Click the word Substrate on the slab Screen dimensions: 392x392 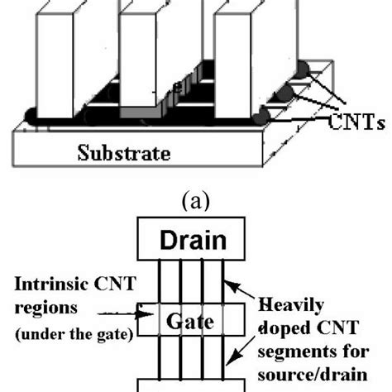(x=123, y=154)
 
